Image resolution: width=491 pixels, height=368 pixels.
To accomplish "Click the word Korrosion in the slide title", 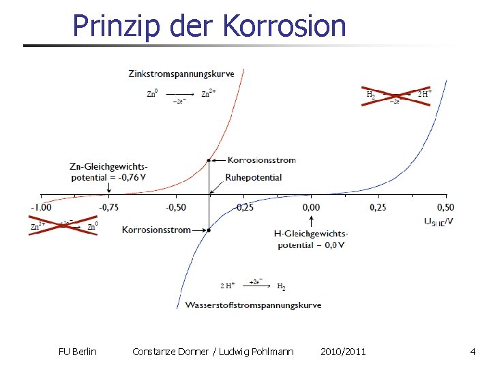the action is [284, 26].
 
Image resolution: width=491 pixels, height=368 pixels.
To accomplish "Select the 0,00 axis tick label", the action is [311, 207].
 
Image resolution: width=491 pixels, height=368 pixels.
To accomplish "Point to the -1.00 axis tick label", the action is [41, 207].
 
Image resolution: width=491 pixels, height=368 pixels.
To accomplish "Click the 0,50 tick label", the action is [445, 207].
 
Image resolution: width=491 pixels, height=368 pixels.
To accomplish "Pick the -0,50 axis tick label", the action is [176, 207].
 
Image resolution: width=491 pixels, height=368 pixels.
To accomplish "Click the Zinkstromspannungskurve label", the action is [181, 74].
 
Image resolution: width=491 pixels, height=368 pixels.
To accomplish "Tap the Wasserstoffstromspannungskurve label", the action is [253, 305].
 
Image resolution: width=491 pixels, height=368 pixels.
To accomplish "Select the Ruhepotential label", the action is [254, 177].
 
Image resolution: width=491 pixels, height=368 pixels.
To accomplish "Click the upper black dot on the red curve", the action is [209, 161].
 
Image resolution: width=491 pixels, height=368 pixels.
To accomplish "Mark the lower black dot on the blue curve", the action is [209, 230].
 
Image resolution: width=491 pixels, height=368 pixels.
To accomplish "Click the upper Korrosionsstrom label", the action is [262, 160].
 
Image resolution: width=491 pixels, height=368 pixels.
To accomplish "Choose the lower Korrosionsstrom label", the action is [156, 230].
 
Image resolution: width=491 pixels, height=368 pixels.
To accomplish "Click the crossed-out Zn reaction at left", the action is [64, 225].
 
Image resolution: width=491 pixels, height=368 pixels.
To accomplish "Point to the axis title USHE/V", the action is [438, 221].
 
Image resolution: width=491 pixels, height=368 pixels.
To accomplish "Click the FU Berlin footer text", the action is [78, 352].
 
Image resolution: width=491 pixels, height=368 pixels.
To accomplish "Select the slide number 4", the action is [473, 352].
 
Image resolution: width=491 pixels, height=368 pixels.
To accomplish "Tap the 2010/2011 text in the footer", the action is [343, 352].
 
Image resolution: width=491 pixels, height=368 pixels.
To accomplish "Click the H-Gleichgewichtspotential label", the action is [311, 239].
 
